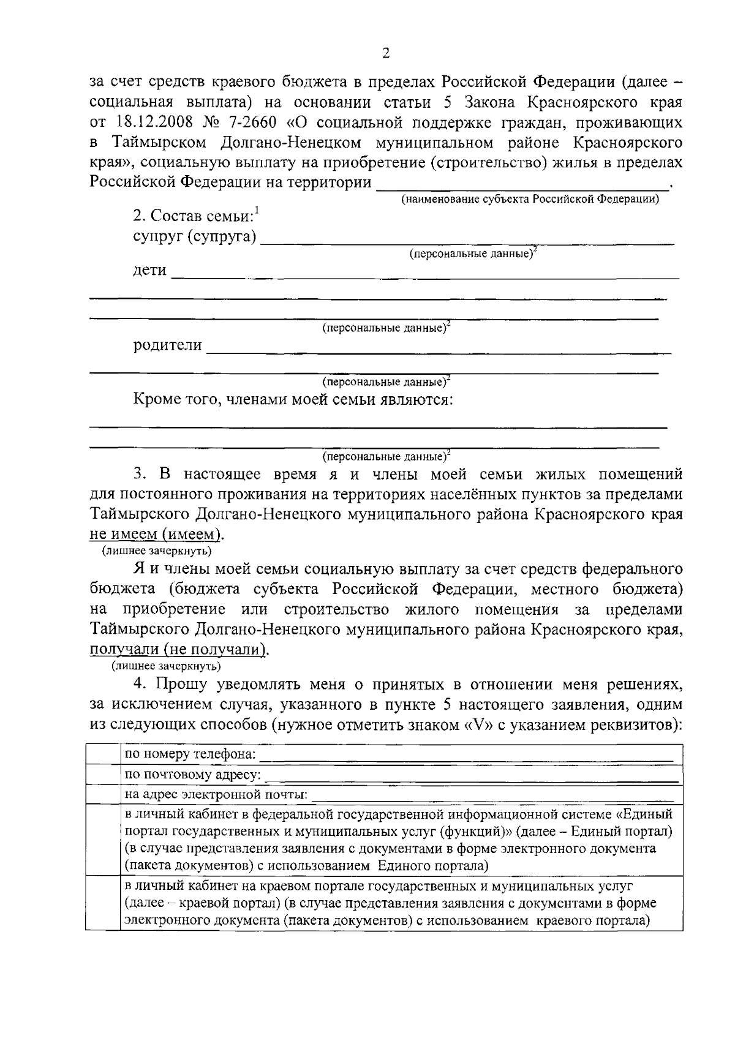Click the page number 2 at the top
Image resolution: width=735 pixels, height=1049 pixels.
[385, 53]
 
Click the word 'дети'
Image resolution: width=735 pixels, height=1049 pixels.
[150, 271]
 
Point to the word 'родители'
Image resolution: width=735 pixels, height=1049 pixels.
[168, 345]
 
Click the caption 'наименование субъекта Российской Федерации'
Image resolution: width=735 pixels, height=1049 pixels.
[530, 199]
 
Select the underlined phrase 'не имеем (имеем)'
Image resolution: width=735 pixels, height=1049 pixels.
[156, 534]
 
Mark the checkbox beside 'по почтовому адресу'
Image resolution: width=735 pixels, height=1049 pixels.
[102, 775]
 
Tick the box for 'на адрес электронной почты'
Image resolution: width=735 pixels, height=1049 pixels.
[102, 795]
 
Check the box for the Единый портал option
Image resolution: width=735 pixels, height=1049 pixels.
[102, 840]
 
